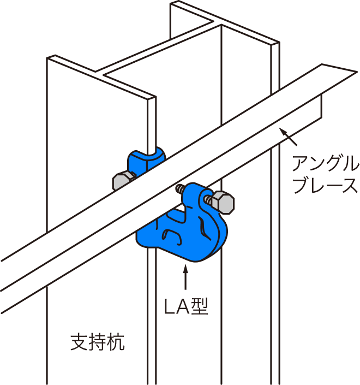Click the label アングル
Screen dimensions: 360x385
click(325, 163)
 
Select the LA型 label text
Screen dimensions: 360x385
click(186, 307)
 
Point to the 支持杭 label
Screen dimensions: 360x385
click(98, 342)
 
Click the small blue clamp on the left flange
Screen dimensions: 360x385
click(146, 161)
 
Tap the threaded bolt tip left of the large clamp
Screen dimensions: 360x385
click(179, 189)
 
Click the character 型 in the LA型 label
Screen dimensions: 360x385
click(200, 307)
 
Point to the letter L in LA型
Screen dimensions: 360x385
click(169, 307)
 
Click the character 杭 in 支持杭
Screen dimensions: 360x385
click(116, 342)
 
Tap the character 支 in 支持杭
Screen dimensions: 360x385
click(79, 342)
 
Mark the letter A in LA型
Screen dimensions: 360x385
click(183, 307)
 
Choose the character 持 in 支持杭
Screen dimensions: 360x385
click(98, 342)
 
